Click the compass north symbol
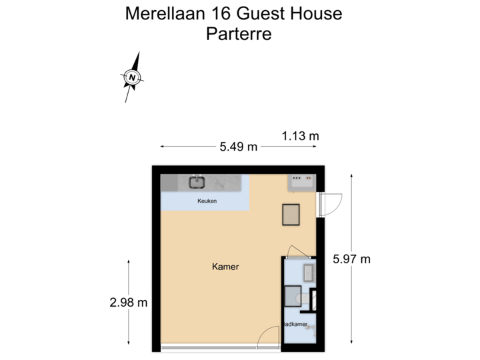pos(133,77)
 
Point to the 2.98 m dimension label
pos(129,302)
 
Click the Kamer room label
pos(225,267)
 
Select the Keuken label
pos(207,201)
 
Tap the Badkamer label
pos(295,325)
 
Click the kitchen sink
pos(197,181)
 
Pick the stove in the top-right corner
pos(300,181)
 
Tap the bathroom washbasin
pos(309,272)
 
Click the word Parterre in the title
pos(239,34)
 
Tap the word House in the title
pos(317,13)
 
